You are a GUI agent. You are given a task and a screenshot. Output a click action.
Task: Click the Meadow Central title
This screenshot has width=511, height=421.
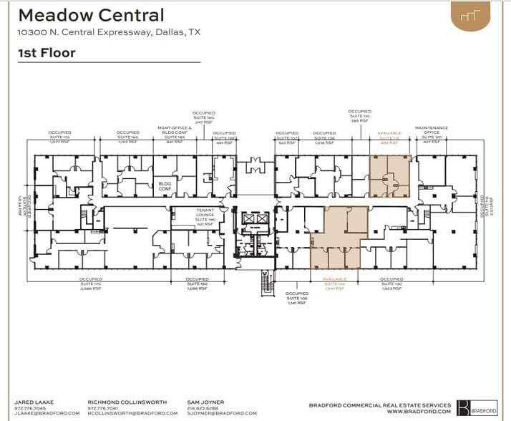click(x=91, y=15)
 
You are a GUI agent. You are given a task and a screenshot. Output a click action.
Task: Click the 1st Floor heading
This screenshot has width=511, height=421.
click(x=47, y=52)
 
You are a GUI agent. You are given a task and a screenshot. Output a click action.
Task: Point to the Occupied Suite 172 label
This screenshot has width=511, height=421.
click(x=60, y=137)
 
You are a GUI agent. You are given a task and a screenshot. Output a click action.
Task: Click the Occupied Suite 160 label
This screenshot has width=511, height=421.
click(x=128, y=137)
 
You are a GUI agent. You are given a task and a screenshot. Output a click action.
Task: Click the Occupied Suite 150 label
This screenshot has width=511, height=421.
click(x=197, y=283)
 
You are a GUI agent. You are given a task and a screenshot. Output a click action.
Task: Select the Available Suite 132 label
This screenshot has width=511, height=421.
click(x=335, y=283)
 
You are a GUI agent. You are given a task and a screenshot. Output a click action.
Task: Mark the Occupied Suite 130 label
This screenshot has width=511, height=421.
click(x=393, y=283)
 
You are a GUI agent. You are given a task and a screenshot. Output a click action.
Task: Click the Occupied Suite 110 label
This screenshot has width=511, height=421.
click(x=359, y=116)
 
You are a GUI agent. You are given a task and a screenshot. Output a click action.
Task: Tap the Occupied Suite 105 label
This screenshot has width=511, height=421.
click(x=296, y=298)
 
